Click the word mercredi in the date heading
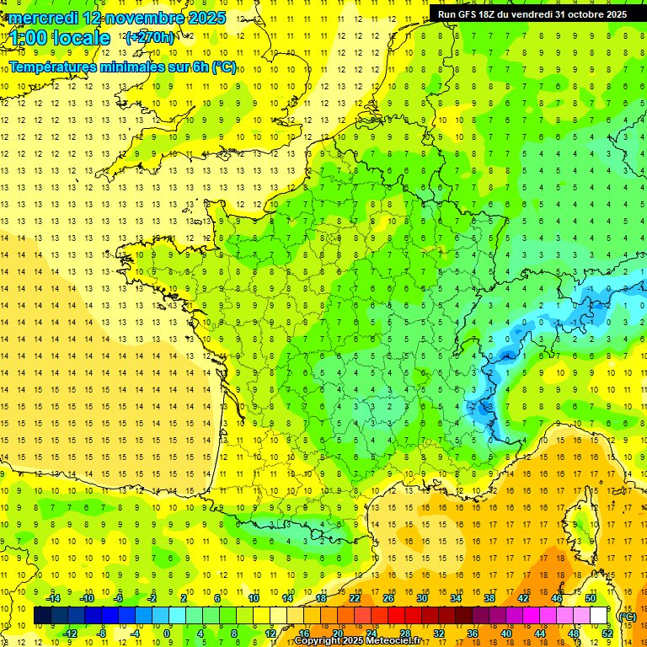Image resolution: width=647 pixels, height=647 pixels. [43, 17]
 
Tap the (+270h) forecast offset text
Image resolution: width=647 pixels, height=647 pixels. [150, 37]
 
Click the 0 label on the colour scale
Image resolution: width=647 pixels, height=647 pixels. [167, 633]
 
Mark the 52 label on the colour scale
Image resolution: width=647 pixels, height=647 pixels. [607, 633]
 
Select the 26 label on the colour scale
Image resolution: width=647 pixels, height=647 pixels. [388, 598]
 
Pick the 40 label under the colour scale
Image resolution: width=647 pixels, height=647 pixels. [505, 633]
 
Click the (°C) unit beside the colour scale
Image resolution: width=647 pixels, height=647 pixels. [628, 617]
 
